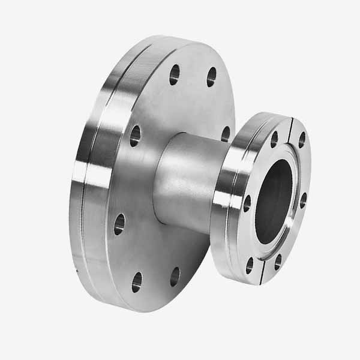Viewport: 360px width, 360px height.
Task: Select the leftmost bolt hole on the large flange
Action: (119, 224)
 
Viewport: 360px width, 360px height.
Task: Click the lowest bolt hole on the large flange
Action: (137, 281)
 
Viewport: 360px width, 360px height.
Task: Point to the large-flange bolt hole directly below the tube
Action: (175, 276)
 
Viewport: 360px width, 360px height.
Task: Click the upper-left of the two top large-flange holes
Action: (174, 74)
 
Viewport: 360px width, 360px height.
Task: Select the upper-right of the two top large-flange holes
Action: (211, 76)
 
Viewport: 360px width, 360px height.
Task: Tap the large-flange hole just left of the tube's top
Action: (135, 135)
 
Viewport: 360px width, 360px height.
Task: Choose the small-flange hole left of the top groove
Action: (274, 139)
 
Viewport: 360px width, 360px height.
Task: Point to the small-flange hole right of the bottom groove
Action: (277, 262)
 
